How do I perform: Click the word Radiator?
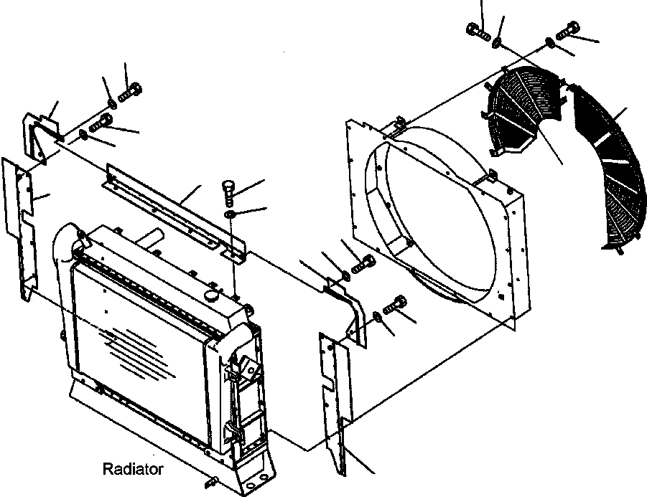[x=133, y=470]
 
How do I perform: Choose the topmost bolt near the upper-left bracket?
[x=131, y=91]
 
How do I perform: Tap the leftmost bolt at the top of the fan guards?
[x=478, y=30]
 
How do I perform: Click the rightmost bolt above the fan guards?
[x=566, y=28]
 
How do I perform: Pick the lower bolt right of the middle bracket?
[x=395, y=304]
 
